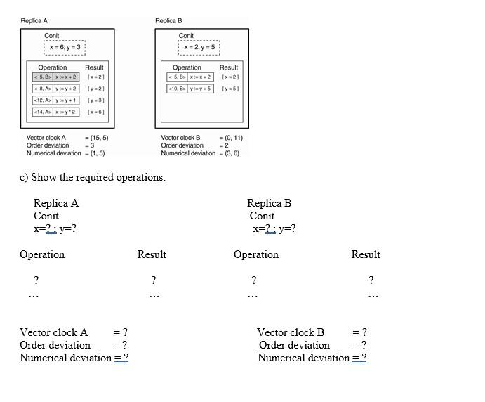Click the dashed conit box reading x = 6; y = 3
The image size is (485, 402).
[x=65, y=47]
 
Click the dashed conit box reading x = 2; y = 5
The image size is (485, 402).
[x=199, y=47]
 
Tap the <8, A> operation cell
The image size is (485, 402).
[x=43, y=89]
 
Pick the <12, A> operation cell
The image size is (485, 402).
[x=43, y=100]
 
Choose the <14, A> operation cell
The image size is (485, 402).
[x=43, y=112]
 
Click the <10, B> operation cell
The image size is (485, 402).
[x=177, y=89]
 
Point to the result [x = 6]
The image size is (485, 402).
[x=96, y=112]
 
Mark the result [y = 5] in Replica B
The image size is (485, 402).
[x=230, y=89]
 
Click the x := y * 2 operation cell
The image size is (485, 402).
[x=67, y=112]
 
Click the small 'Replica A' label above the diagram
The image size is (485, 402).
[x=34, y=21]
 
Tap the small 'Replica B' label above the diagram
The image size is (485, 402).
[x=168, y=21]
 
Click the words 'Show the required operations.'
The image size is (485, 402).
[x=98, y=177]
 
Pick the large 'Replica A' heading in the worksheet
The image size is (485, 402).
[x=56, y=203]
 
